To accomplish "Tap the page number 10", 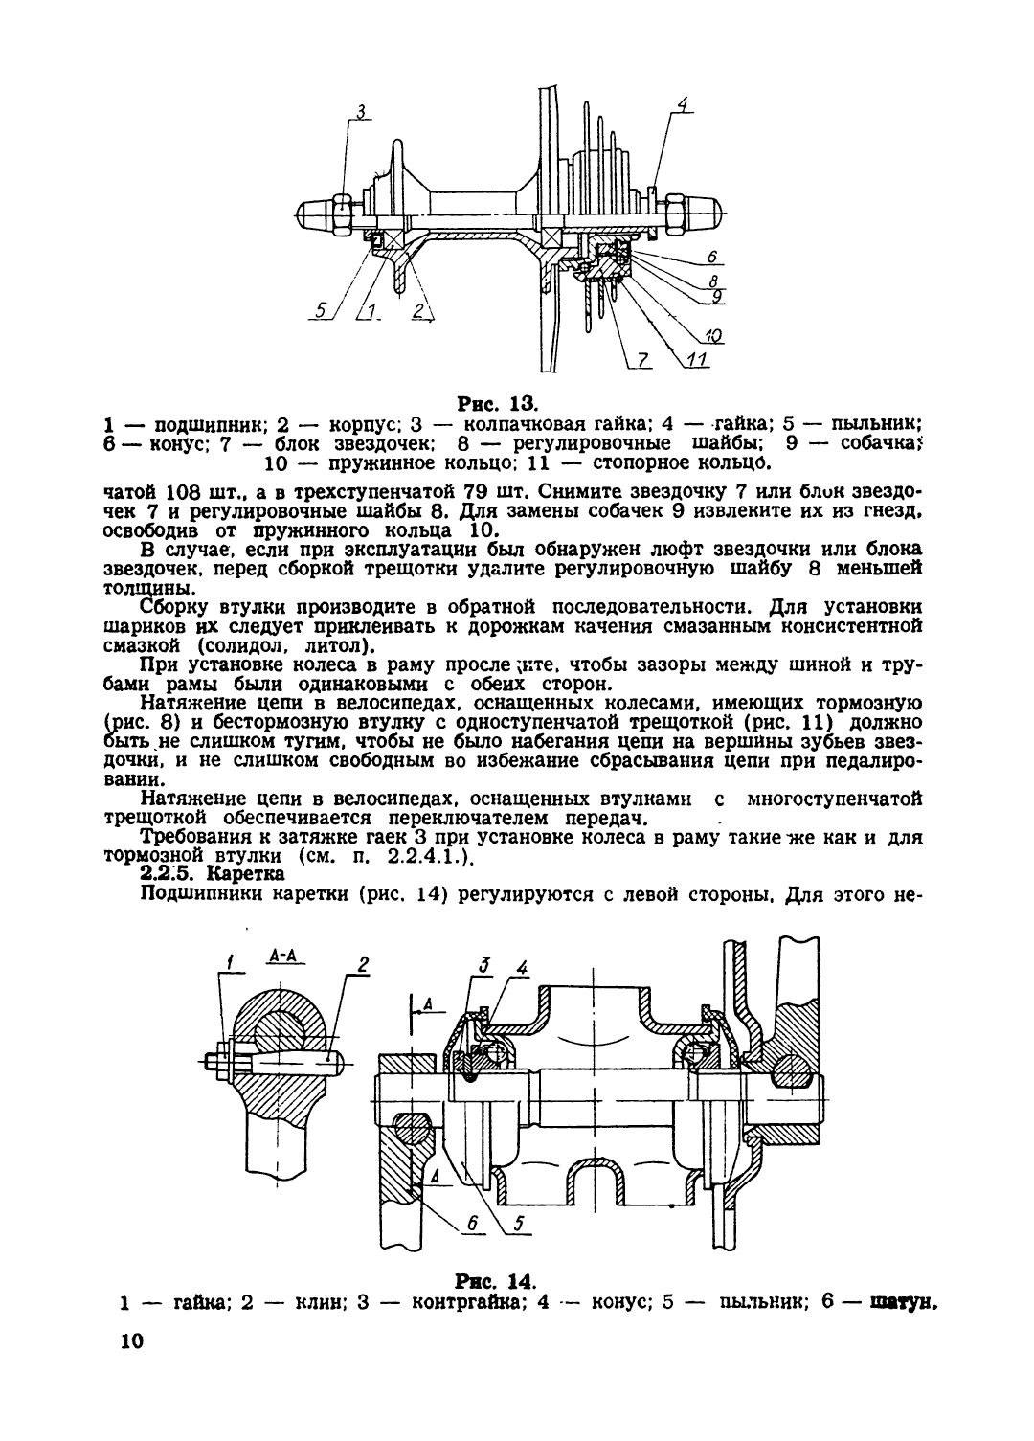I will [131, 1340].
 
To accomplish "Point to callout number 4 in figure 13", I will [683, 103].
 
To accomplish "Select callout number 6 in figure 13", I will [713, 257].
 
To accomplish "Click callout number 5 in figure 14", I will [519, 1222].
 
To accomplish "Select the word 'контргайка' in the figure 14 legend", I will [468, 1303].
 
